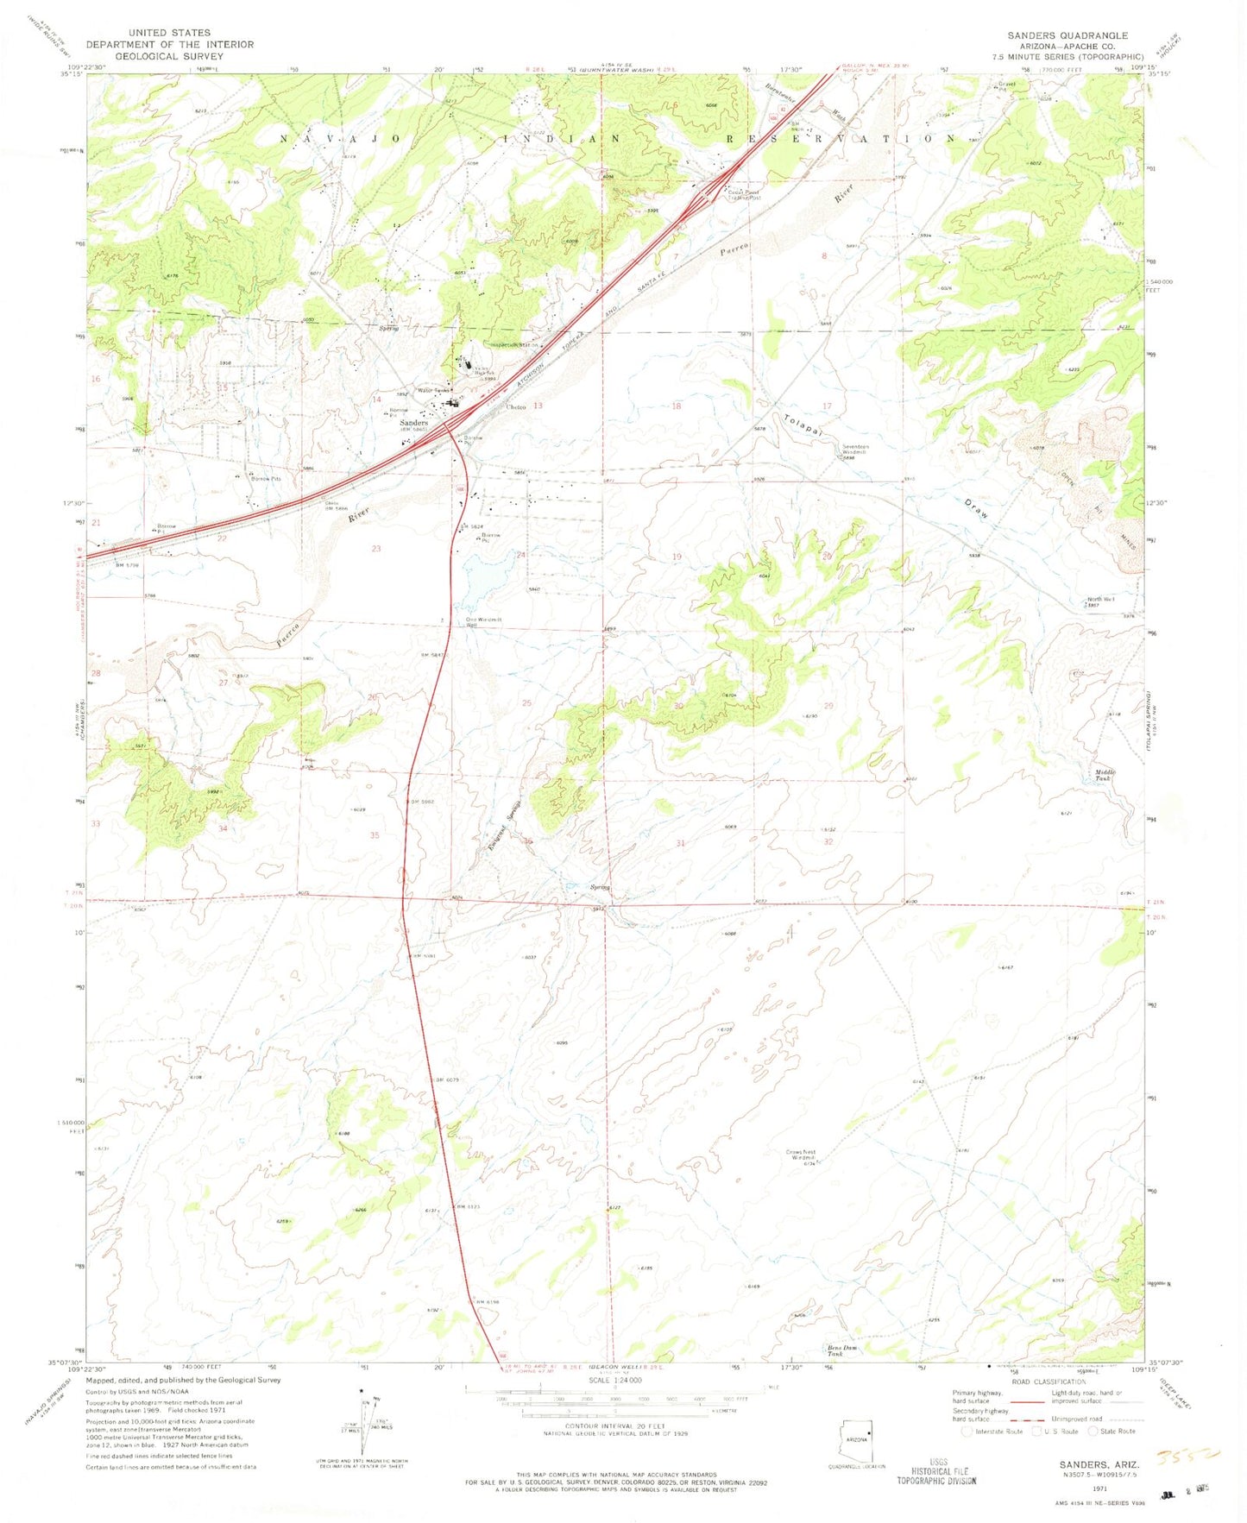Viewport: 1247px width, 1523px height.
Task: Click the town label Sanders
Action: click(x=413, y=423)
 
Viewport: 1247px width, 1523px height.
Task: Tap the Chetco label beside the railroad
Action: click(x=516, y=407)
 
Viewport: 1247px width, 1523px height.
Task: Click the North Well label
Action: click(x=1100, y=599)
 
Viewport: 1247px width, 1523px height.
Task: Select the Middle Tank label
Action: click(x=1105, y=775)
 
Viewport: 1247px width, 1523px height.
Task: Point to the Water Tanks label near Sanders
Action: click(x=433, y=391)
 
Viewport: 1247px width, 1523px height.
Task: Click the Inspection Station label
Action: click(x=515, y=345)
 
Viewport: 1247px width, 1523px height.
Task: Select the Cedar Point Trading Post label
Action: click(x=744, y=195)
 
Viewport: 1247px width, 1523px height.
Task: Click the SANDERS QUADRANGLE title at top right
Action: click(x=1067, y=35)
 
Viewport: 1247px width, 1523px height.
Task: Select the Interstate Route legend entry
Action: click(x=993, y=1431)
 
